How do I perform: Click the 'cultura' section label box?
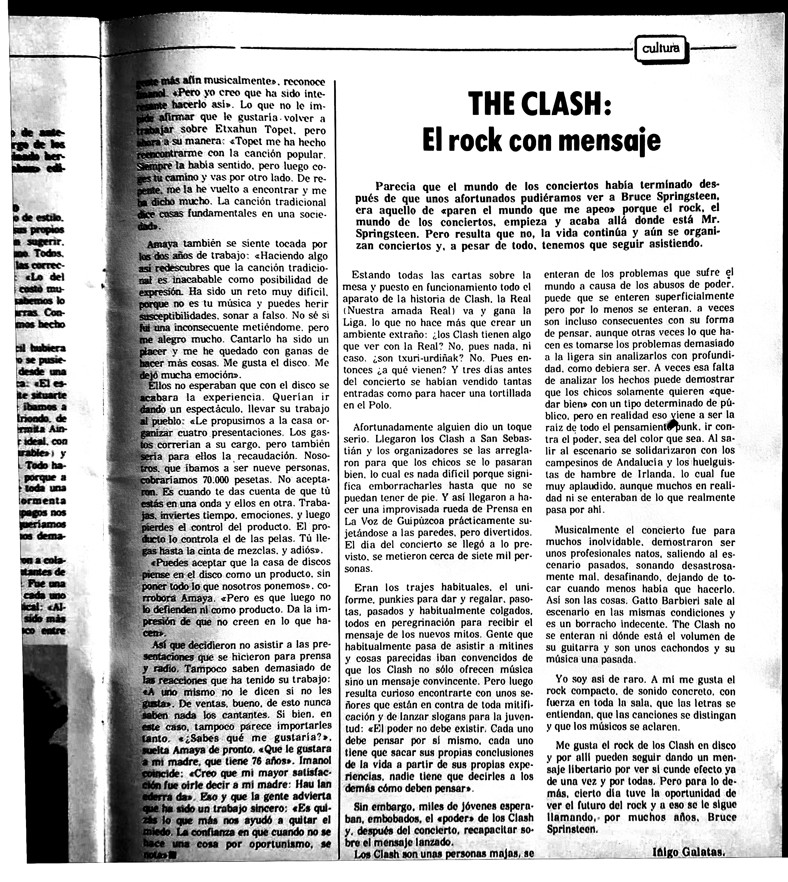tap(661, 49)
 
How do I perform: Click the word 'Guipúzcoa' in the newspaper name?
tap(408, 521)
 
